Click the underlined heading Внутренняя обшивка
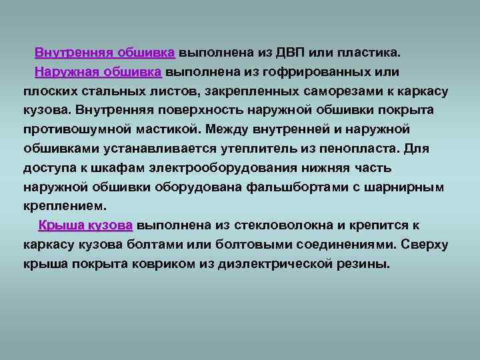(x=105, y=53)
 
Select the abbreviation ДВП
(x=290, y=53)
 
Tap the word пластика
(x=369, y=53)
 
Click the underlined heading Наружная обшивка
(x=98, y=72)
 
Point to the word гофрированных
(x=316, y=72)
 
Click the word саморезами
(x=343, y=91)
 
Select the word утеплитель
(x=259, y=149)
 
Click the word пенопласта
(x=359, y=149)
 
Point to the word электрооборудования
(x=223, y=168)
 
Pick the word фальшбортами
(x=297, y=187)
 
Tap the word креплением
(x=65, y=206)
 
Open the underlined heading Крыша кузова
(x=85, y=225)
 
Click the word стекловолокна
(x=283, y=225)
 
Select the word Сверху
(x=424, y=245)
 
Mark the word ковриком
(x=163, y=264)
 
